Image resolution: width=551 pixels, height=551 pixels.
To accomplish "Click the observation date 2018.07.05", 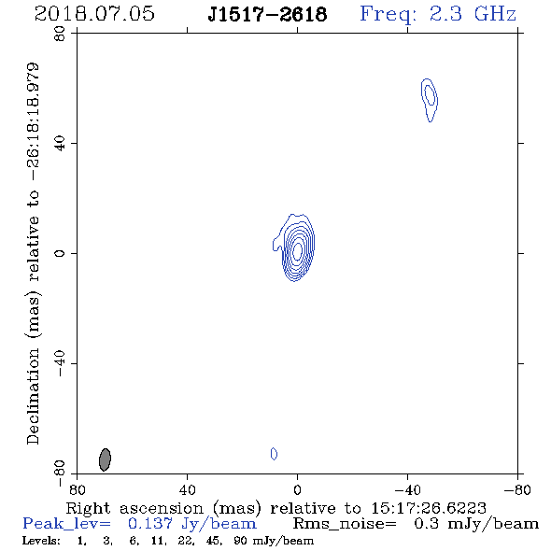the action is tap(94, 14).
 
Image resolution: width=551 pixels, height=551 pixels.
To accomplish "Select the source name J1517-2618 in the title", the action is tap(267, 14).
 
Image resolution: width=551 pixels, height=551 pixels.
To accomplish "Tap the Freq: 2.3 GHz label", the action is tap(438, 14).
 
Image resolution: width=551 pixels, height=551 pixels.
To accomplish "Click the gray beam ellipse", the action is tap(106, 459).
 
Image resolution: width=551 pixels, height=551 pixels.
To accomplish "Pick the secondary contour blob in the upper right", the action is tap(429, 100).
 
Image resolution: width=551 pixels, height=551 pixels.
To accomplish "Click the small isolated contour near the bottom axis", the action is tap(274, 454).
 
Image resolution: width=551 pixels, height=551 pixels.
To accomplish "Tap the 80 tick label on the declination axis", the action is tap(60, 35).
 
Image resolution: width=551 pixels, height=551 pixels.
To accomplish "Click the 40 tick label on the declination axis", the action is tap(60, 144).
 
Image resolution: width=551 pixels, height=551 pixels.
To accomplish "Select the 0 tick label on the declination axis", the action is tap(60, 253).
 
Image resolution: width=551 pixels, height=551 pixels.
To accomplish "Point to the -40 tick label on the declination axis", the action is tap(60, 363).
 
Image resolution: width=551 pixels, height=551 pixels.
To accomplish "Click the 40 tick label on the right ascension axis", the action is tap(188, 489).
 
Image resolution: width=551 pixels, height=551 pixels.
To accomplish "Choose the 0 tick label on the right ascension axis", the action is tap(297, 489).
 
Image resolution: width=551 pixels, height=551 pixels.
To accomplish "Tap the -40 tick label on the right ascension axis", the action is tap(407, 489).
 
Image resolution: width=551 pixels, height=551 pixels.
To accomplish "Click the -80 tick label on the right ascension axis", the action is tap(517, 489).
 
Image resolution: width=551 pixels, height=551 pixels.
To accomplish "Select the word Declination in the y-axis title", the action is tap(33, 396).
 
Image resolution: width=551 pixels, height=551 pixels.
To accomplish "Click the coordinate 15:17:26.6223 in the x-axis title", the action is tap(429, 508).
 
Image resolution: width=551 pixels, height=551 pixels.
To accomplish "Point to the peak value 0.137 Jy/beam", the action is tap(192, 524).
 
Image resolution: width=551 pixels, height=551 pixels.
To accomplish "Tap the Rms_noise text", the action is tap(345, 524).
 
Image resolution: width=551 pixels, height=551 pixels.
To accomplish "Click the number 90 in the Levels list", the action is tap(241, 540).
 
